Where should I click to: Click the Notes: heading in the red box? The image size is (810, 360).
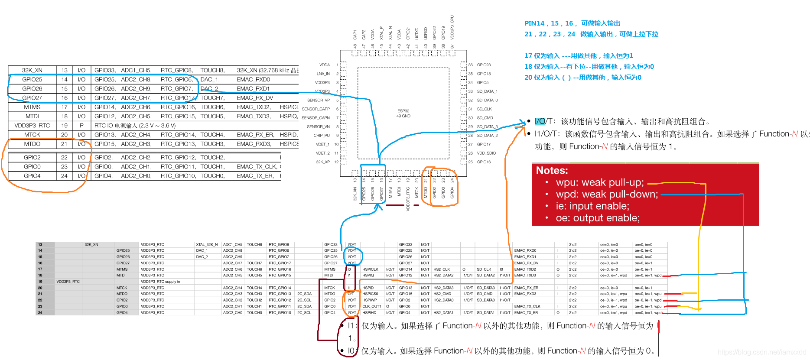click(x=552, y=170)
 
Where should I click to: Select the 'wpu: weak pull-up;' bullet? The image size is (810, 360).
click(x=600, y=182)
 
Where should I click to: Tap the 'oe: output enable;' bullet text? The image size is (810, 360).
click(x=598, y=218)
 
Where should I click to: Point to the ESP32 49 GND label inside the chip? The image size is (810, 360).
click(x=403, y=114)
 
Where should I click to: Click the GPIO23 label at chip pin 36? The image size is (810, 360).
click(x=484, y=65)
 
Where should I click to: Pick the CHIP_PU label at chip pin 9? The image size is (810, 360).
click(x=322, y=136)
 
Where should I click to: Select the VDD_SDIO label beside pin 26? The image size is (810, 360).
click(x=486, y=153)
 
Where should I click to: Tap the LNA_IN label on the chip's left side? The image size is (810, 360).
click(x=323, y=74)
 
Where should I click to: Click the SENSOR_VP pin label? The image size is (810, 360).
click(x=319, y=100)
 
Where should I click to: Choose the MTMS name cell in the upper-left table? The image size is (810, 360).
click(x=32, y=107)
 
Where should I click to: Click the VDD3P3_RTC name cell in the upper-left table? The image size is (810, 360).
click(x=32, y=126)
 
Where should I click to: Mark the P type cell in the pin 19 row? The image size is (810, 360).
click(x=81, y=126)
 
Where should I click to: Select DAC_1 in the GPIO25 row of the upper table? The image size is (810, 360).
click(x=210, y=79)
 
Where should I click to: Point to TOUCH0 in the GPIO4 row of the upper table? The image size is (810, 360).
click(x=212, y=176)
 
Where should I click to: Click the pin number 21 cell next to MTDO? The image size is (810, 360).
click(x=64, y=144)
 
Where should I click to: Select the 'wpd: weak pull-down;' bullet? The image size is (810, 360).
click(x=607, y=194)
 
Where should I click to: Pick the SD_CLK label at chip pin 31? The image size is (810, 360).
click(x=485, y=109)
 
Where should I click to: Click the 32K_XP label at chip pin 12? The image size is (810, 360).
click(x=323, y=162)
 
